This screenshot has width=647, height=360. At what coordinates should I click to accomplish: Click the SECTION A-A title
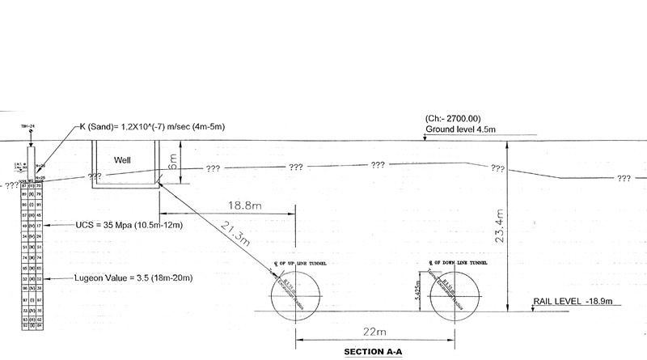[373, 352]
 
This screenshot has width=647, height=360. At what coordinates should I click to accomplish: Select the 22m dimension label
[373, 332]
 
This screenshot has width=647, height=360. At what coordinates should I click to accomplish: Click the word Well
[123, 159]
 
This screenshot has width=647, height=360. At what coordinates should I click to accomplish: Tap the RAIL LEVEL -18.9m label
[573, 301]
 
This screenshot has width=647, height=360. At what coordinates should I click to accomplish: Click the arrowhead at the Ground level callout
[425, 140]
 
